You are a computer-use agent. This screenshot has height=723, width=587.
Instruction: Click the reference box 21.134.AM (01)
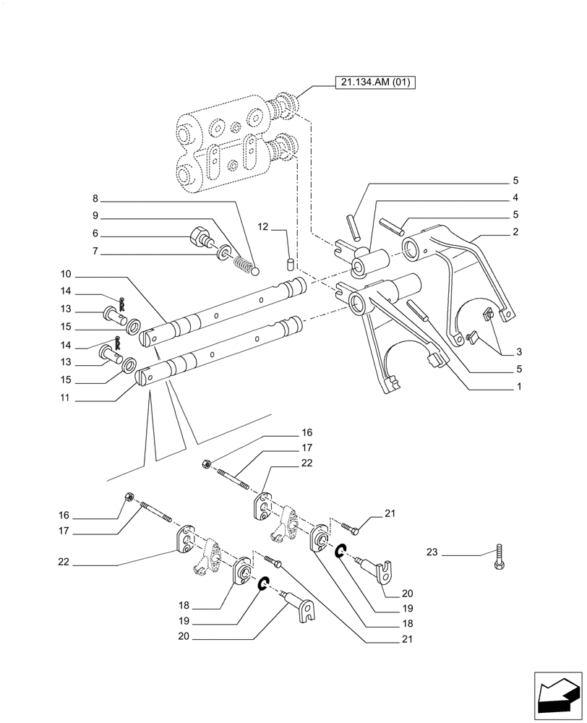tap(374, 82)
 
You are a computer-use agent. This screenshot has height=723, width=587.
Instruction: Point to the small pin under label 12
tap(291, 261)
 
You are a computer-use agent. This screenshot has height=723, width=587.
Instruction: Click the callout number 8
tap(95, 199)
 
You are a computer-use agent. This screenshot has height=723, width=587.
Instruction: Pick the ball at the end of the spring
tap(254, 270)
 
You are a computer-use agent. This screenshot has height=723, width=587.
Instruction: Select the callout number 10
tap(66, 275)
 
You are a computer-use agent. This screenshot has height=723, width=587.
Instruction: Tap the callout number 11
tap(66, 398)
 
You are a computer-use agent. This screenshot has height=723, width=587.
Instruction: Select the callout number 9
tap(95, 215)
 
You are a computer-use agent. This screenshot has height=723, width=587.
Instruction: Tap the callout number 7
tap(95, 252)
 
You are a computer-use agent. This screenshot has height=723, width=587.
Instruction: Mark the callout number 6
tap(95, 234)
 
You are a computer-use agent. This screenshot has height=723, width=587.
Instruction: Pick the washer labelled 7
tap(226, 252)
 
